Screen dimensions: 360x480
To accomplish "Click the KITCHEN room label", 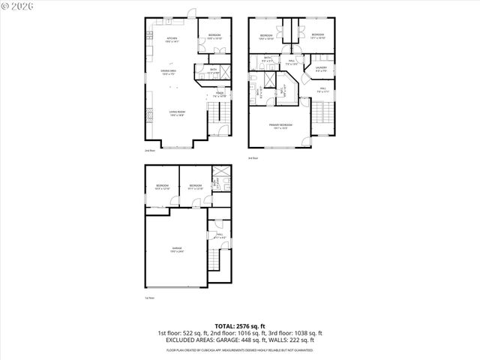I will point(172,39).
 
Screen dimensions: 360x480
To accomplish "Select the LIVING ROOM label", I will point(176,113).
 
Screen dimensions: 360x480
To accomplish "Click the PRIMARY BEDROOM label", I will point(282,126).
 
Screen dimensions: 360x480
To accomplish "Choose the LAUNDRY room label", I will point(320,68).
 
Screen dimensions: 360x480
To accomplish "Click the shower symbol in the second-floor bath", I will point(202,73).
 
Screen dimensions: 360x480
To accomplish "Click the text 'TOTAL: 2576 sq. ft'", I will point(239,325).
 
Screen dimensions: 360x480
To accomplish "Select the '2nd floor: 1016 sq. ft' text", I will point(239,332).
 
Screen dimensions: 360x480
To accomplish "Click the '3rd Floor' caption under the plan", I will point(253,158).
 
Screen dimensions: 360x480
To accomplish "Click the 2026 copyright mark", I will point(16,7).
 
